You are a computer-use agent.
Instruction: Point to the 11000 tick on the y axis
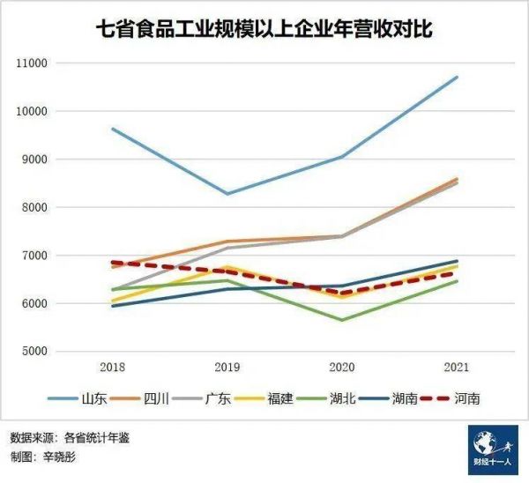click(x=32, y=63)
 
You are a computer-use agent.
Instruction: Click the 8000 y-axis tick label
click(x=34, y=208)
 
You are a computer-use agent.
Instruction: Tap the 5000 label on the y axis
click(x=34, y=352)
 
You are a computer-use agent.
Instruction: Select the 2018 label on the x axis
click(x=112, y=367)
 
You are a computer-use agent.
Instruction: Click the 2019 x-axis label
click(x=227, y=367)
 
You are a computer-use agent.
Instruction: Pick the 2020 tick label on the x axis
click(x=341, y=367)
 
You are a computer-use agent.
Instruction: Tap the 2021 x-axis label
click(x=457, y=367)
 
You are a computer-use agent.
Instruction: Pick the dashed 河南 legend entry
click(x=467, y=398)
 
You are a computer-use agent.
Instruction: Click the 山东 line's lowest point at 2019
click(x=227, y=194)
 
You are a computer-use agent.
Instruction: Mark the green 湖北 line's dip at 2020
click(x=342, y=320)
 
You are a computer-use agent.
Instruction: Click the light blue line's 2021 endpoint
click(x=458, y=77)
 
